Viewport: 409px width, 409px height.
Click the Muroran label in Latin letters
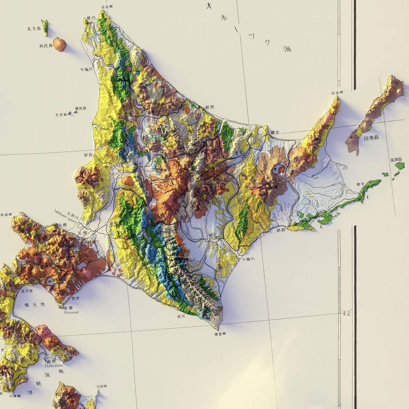[71, 312]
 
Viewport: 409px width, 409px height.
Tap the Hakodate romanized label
[53, 365]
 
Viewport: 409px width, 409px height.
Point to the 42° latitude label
[346, 313]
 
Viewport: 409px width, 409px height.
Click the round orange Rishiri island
[59, 44]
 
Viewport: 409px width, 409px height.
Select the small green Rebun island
[45, 27]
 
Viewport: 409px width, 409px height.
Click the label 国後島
[371, 138]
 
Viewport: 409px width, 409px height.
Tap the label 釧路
[281, 230]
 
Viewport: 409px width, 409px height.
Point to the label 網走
[275, 132]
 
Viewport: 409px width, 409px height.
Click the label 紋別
[210, 107]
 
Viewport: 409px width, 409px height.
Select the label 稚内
[91, 18]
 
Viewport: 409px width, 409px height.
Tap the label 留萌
[88, 155]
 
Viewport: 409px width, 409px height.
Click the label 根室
[360, 184]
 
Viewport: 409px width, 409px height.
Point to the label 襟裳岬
[220, 334]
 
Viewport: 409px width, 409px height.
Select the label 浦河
[181, 316]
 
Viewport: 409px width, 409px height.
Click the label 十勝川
[249, 259]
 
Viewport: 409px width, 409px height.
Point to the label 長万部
[27, 291]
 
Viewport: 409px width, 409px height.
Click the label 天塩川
[86, 69]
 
